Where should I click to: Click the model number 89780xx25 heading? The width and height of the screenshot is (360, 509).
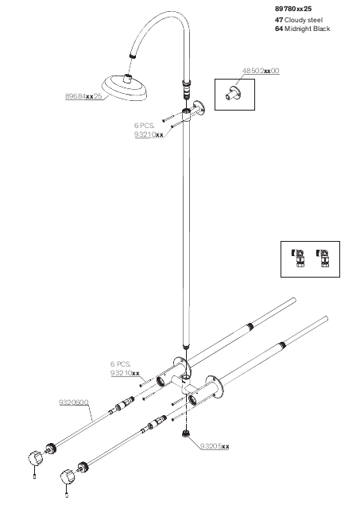(x=293, y=9)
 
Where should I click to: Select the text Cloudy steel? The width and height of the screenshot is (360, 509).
(x=304, y=20)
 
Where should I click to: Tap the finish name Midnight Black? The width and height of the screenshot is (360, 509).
(x=307, y=29)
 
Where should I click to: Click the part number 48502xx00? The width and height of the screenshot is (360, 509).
(x=261, y=71)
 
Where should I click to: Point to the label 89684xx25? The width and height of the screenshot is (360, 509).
(x=83, y=96)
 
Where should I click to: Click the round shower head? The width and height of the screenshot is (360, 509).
(x=126, y=87)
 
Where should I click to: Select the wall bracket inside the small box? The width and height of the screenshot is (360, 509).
(x=234, y=94)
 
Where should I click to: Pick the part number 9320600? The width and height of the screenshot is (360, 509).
(x=73, y=402)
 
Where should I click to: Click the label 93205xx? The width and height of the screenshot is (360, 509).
(x=215, y=446)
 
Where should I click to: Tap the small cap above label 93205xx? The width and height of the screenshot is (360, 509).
(x=186, y=433)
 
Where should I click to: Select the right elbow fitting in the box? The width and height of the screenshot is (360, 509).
(x=323, y=258)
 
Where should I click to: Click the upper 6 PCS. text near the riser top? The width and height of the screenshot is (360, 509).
(x=144, y=126)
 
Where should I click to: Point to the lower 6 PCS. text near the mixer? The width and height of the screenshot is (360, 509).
(x=120, y=364)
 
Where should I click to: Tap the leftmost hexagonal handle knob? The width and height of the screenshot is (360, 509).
(x=35, y=458)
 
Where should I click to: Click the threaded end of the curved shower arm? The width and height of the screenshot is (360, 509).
(x=132, y=55)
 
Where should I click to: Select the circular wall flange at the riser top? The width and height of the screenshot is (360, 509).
(x=198, y=108)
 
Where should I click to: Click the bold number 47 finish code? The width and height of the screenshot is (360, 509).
(x=279, y=20)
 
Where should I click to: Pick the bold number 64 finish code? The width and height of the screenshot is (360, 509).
(x=279, y=29)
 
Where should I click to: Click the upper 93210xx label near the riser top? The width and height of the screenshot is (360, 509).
(x=149, y=134)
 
